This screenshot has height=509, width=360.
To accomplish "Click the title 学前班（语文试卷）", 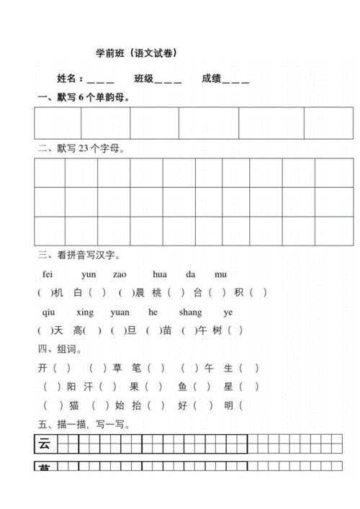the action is tap(137, 53).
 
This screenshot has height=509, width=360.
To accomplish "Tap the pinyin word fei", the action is tap(48, 274).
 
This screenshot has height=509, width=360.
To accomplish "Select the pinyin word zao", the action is tap(120, 274).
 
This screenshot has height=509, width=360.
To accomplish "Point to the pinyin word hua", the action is tap(160, 274).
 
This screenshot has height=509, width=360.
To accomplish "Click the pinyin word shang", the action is tap(190, 312).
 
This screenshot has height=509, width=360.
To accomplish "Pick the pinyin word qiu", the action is tap(48, 312).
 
